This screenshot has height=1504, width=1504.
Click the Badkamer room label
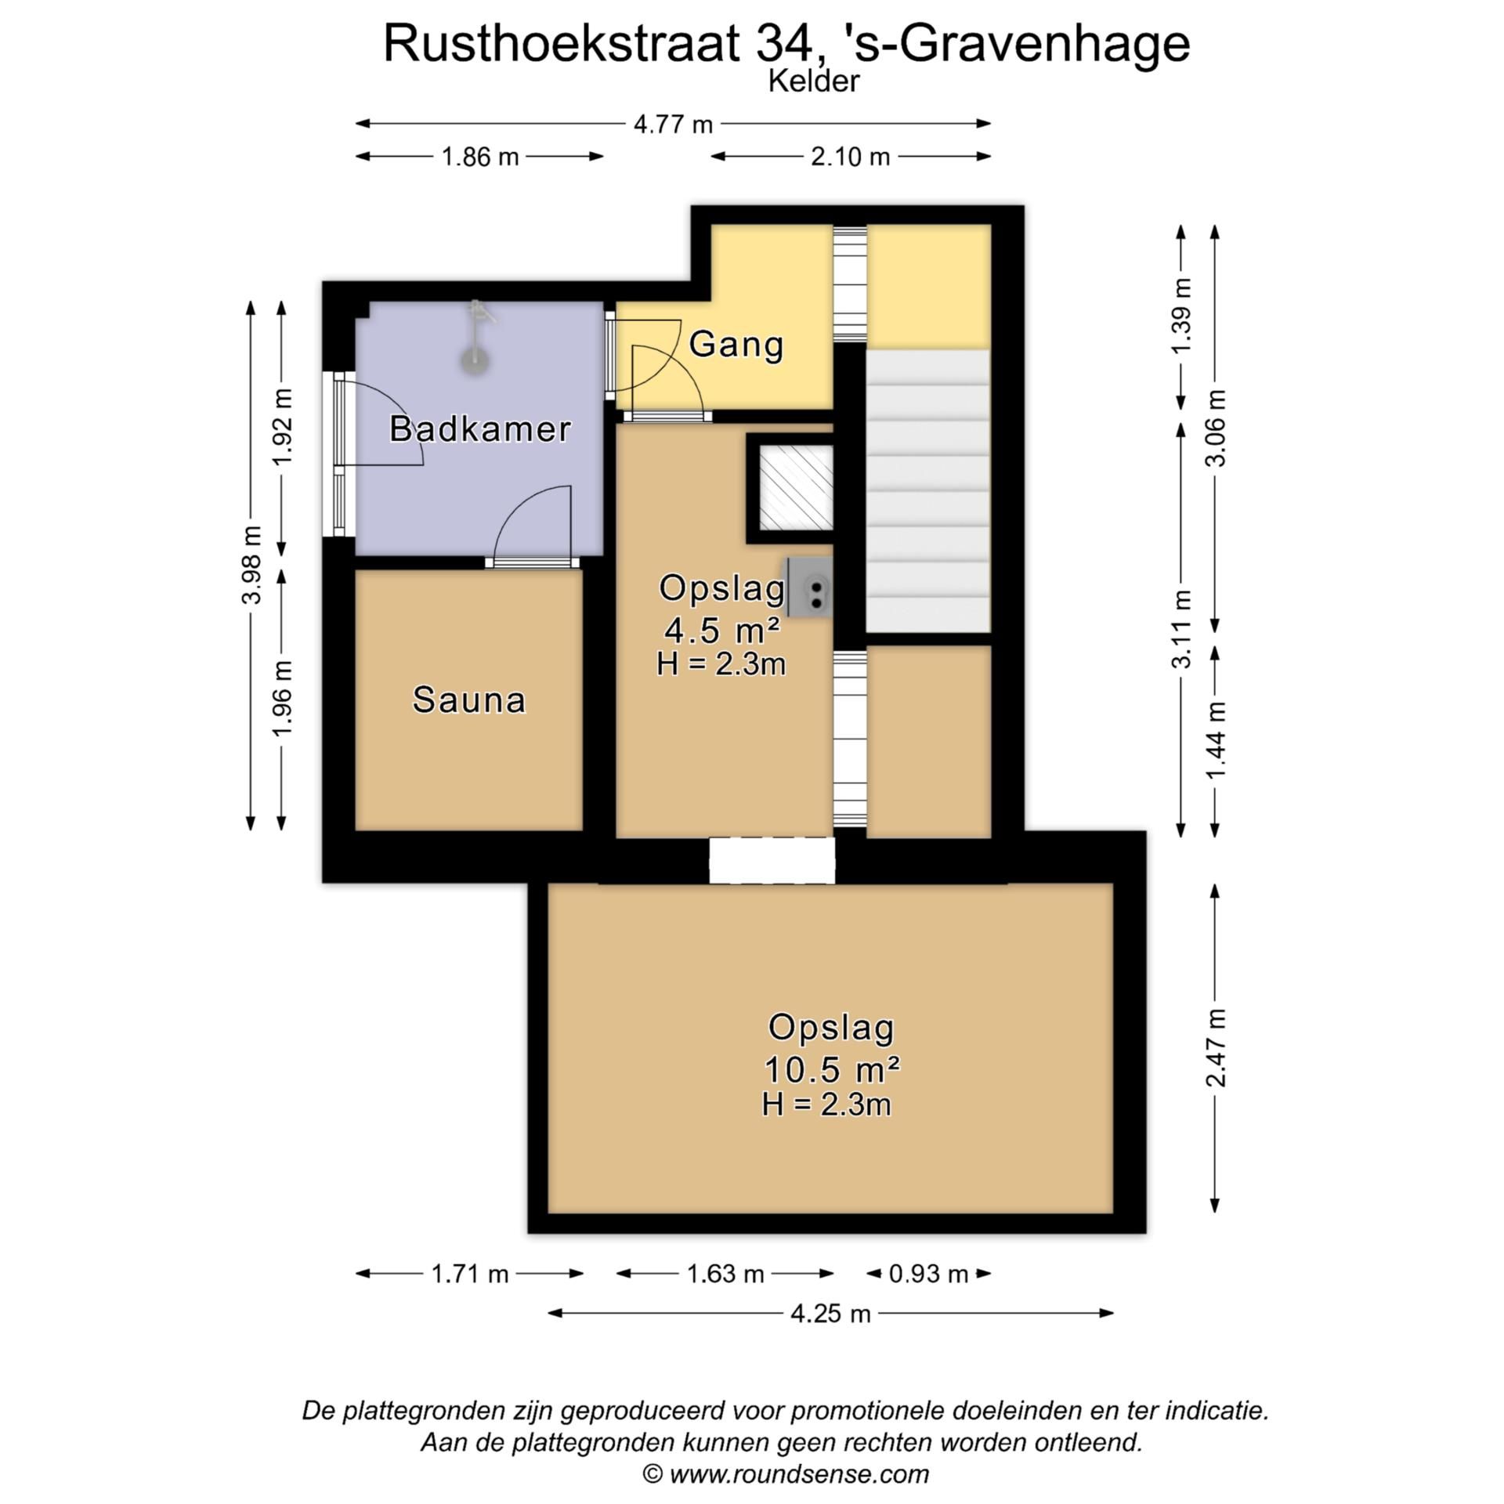tap(479, 428)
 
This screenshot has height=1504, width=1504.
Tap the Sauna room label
tap(468, 700)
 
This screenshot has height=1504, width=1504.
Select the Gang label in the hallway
tap(736, 345)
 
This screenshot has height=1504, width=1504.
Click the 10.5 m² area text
tap(831, 1068)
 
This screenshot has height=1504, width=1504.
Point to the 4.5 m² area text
tap(721, 628)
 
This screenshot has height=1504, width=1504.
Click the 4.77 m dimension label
tap(673, 124)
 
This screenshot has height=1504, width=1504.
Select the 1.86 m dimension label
tap(480, 157)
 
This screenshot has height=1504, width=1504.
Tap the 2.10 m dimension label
tap(850, 157)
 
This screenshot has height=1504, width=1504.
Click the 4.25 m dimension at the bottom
tap(830, 1314)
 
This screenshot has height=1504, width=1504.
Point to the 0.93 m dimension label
tap(928, 1274)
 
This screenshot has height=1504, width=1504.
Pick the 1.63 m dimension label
tap(725, 1274)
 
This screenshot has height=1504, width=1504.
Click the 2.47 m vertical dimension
tap(1215, 1047)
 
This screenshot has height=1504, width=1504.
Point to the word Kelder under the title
tap(813, 81)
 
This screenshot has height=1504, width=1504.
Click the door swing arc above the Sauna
tap(533, 521)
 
